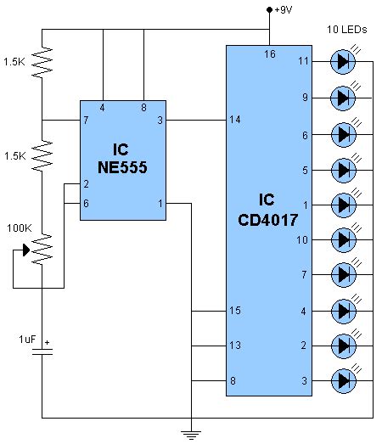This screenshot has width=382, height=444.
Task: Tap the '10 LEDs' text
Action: click(x=346, y=30)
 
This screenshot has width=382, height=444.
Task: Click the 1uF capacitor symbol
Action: click(x=41, y=351)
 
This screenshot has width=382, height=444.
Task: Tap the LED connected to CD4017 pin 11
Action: click(x=343, y=61)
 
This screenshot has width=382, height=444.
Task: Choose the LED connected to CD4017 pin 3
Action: click(x=343, y=379)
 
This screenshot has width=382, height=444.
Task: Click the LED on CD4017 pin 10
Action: click(x=343, y=239)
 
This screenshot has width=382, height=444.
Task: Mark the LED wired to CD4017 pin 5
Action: click(x=343, y=168)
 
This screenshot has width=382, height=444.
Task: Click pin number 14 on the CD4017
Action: click(x=233, y=121)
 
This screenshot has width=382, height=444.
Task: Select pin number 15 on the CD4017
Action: click(x=233, y=311)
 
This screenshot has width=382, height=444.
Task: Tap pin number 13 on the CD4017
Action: click(x=233, y=346)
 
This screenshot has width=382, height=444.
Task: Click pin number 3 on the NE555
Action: click(x=160, y=121)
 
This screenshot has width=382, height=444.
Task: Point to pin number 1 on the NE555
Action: click(x=160, y=203)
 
